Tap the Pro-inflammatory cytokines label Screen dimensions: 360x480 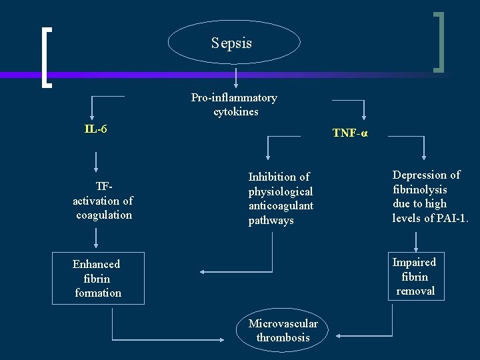tap(234, 105)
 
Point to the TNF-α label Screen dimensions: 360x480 tap(350, 133)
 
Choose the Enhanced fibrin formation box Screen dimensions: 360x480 tap(97, 278)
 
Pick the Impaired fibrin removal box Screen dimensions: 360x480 tap(415, 276)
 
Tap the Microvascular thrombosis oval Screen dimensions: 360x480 tap(283, 331)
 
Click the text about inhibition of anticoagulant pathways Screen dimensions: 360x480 tap(281, 199)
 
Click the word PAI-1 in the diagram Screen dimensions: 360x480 tap(451, 217)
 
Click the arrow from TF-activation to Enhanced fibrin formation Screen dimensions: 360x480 tap(97, 238)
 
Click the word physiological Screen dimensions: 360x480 tap(281, 191)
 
